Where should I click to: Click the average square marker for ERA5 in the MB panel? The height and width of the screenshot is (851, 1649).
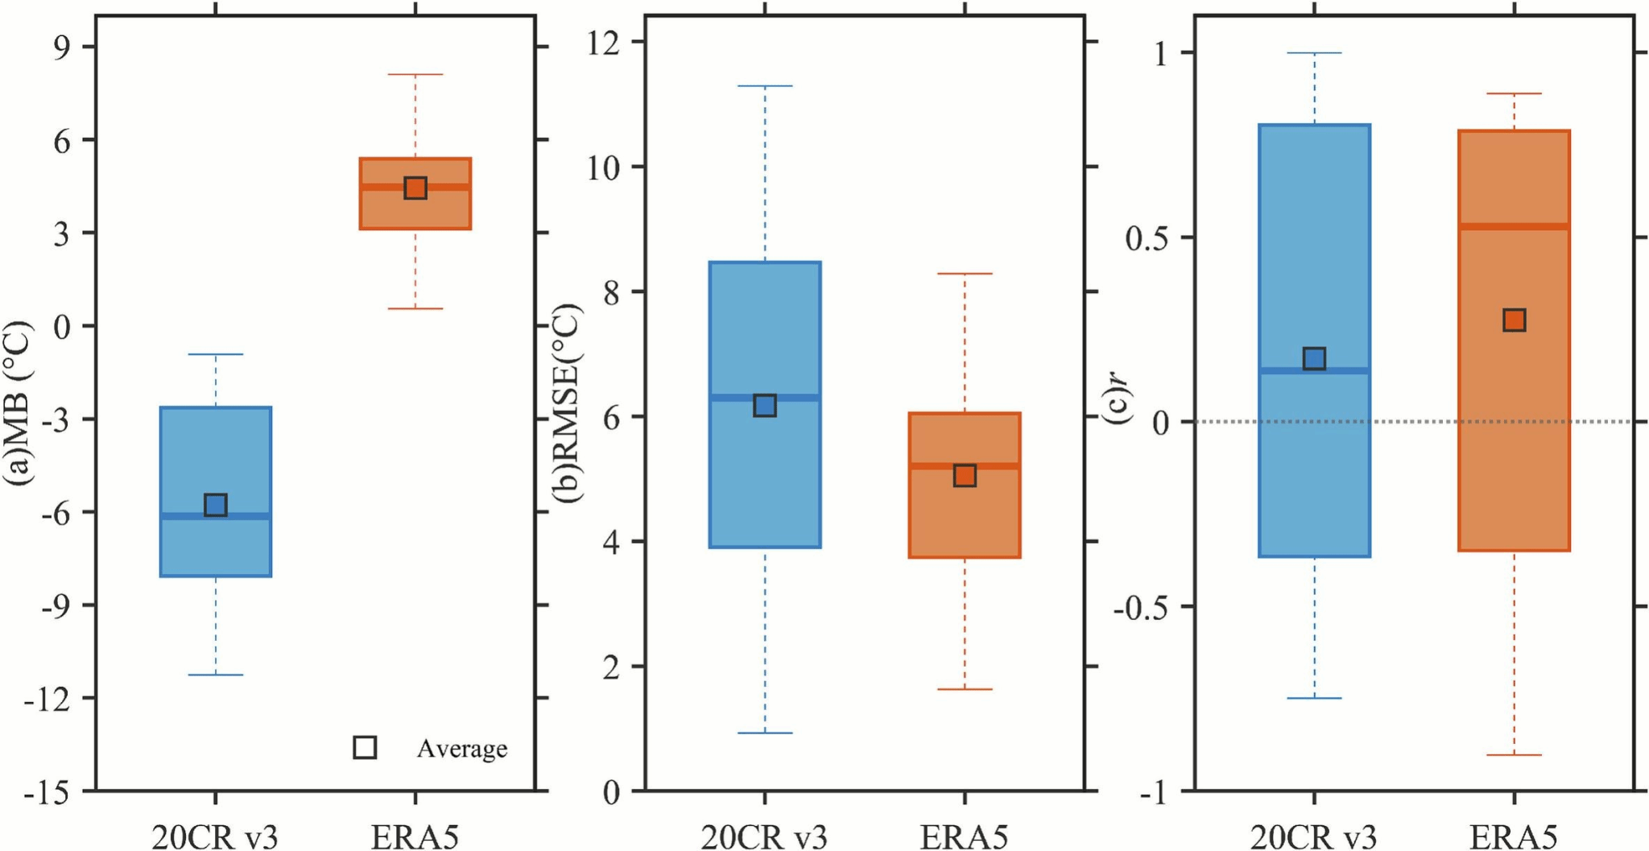[415, 188]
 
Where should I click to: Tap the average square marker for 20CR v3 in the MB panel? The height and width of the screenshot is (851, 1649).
[215, 505]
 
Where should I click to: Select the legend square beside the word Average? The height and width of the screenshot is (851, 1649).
[365, 747]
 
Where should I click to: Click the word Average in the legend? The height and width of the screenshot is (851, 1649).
[461, 749]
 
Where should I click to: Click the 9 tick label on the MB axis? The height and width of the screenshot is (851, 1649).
[63, 47]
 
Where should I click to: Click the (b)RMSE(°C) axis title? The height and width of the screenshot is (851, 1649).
[567, 403]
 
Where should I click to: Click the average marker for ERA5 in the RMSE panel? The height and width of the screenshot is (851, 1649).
[965, 475]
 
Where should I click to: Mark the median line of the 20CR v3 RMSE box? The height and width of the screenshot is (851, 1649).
[765, 398]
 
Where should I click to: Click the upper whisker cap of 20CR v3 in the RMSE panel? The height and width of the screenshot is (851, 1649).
[765, 86]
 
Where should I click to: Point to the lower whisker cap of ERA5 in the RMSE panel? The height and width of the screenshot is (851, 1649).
[965, 689]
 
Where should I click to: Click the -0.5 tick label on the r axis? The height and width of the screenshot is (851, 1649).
[1141, 607]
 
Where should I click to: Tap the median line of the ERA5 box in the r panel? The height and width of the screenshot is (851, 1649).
[1514, 226]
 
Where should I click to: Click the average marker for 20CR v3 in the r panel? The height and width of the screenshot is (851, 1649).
[1314, 358]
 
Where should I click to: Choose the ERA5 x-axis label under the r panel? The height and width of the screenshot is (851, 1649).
[1514, 837]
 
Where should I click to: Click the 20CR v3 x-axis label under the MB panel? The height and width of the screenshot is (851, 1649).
[215, 837]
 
